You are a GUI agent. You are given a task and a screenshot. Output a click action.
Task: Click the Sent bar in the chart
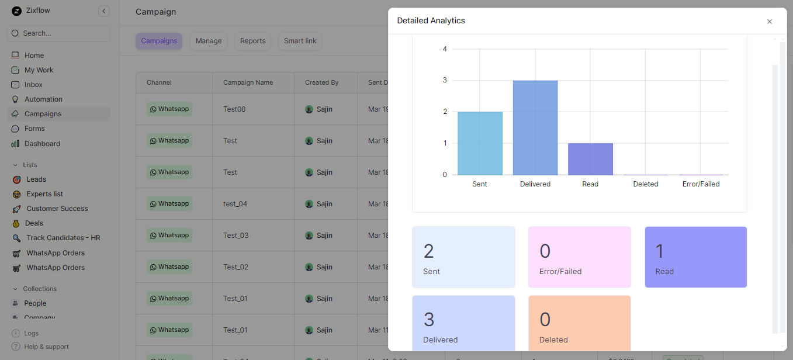(480, 143)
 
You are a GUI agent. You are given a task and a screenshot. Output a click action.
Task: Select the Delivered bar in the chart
(535, 127)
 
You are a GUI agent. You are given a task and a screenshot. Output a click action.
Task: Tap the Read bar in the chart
(590, 159)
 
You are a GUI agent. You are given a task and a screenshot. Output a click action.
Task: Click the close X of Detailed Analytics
(769, 22)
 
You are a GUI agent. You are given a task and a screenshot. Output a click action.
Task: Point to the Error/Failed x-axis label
(701, 184)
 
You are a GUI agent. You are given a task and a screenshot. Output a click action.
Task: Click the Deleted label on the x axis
(646, 184)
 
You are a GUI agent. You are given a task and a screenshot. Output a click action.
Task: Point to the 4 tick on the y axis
(445, 49)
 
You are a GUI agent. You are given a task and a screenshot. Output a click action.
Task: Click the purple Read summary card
(695, 257)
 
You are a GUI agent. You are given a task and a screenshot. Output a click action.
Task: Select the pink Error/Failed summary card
(580, 257)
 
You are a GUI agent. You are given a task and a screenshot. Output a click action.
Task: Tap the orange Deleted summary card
(580, 323)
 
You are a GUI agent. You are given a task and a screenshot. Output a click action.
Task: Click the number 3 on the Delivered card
(429, 320)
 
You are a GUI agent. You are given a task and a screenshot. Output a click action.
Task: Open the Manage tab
(209, 41)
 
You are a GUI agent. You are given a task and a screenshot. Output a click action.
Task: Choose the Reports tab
(253, 41)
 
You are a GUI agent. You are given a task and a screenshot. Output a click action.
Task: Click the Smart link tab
(300, 41)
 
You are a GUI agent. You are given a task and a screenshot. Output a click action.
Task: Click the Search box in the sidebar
(58, 33)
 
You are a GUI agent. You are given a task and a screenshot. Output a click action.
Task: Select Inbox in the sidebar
(33, 85)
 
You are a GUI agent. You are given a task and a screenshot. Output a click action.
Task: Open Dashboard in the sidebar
(42, 144)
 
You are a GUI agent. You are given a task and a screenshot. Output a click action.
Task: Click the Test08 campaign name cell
(234, 109)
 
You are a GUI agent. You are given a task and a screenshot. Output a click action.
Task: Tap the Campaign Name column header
(248, 82)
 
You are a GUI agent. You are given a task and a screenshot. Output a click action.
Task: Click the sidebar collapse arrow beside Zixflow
(104, 11)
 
